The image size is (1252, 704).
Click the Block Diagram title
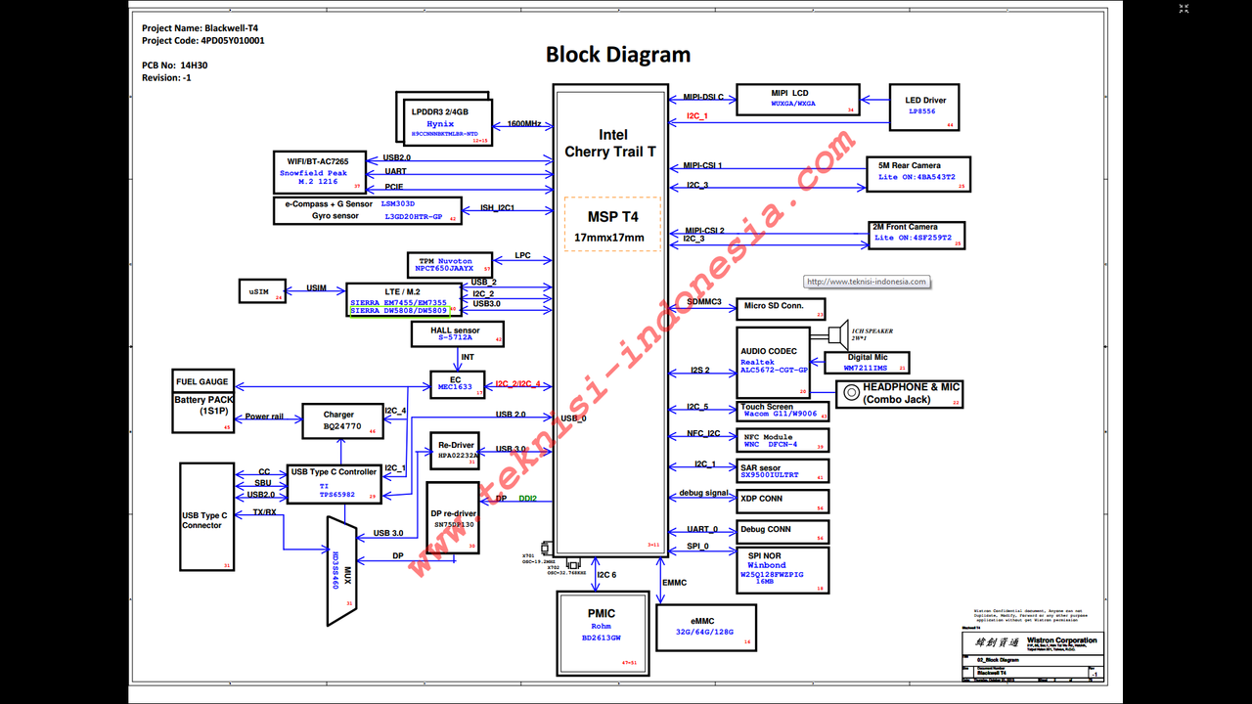pos(618,55)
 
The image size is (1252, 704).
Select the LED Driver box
pos(925,107)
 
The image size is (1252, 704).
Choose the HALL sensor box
pos(458,334)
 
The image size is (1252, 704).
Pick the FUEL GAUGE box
pos(202,382)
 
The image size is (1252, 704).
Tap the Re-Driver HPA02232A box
pos(456,451)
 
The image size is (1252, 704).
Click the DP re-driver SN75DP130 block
pos(454,518)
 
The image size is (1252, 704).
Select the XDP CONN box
pos(782,500)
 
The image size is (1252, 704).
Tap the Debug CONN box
pos(782,531)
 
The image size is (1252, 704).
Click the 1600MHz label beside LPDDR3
pos(524,124)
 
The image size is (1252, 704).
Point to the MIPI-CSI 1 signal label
pos(702,166)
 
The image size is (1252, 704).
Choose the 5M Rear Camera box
pos(917,173)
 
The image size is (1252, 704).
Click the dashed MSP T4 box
pos(613,224)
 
